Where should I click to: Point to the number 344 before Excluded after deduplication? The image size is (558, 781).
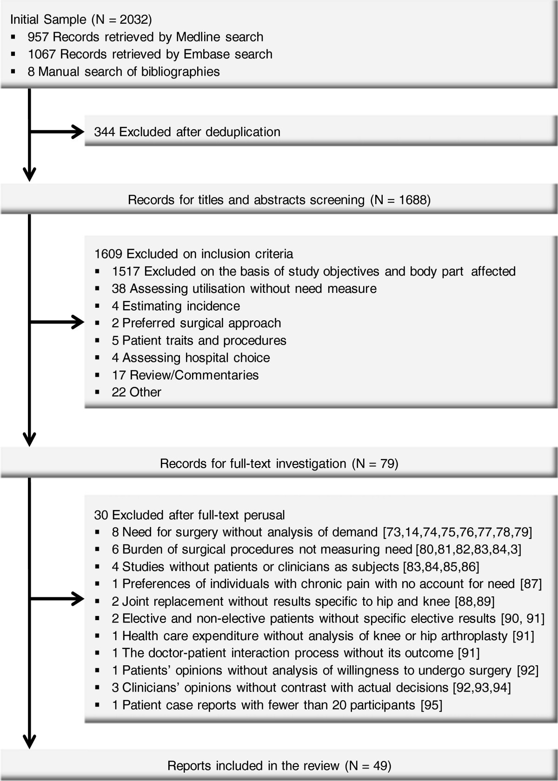click(105, 132)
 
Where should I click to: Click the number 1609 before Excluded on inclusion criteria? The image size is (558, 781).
click(108, 254)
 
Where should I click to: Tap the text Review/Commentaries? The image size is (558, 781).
click(194, 375)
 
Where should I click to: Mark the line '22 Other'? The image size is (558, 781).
click(136, 392)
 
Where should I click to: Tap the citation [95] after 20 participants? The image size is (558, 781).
click(431, 705)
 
